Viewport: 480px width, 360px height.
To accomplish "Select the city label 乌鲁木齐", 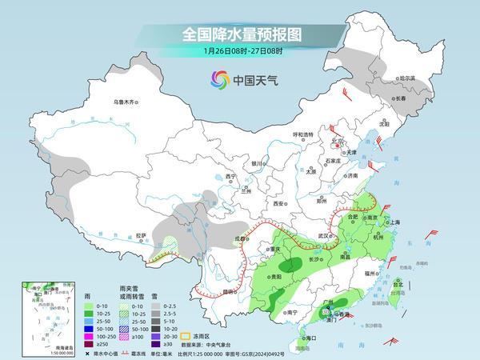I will point(126,102).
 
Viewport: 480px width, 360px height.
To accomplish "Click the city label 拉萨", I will point(141,235).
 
